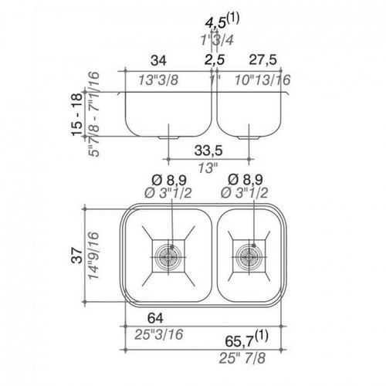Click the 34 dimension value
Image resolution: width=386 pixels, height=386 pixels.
158,60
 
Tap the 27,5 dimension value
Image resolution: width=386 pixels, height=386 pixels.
263,60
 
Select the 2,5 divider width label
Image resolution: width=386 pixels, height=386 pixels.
215,60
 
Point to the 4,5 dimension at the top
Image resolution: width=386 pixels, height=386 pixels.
215,22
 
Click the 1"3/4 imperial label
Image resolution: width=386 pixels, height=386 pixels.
217,39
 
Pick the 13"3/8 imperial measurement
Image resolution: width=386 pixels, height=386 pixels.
158,80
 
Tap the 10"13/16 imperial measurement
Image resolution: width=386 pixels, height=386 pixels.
262,80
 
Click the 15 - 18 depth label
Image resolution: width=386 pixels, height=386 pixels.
77,114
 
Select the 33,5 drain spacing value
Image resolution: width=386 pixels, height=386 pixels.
208,151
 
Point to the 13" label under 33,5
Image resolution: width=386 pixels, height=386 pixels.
208,168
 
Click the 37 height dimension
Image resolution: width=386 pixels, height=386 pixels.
77,256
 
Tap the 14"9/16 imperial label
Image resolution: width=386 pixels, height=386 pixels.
93,256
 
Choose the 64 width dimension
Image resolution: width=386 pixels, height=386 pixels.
155,318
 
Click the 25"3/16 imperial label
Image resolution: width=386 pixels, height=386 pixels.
159,334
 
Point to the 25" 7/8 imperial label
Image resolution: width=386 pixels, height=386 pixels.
242,358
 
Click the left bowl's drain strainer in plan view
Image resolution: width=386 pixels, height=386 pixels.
168,256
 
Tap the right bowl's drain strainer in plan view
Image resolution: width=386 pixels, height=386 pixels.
249,256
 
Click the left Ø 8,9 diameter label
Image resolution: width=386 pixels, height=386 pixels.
169,180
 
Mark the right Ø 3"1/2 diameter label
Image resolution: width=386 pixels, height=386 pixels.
244,193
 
